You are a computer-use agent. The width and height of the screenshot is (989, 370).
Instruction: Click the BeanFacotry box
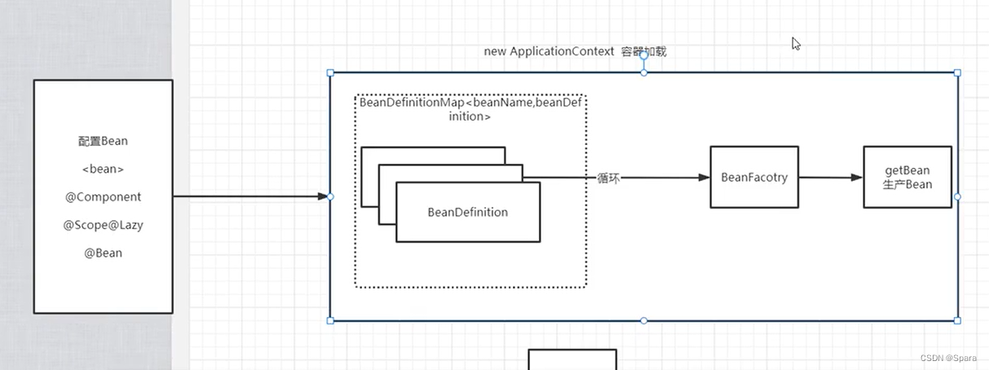(x=754, y=177)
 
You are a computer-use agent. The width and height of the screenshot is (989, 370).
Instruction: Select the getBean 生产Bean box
(x=907, y=177)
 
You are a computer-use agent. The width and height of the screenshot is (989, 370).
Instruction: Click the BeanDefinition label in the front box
(x=467, y=212)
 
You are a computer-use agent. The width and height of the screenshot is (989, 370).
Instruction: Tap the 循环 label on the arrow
(x=608, y=178)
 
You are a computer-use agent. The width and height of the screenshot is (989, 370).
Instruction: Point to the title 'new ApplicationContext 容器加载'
(x=575, y=51)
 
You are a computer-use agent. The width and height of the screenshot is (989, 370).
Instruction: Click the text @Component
(x=103, y=196)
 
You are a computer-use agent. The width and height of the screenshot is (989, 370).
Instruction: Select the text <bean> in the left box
(x=103, y=169)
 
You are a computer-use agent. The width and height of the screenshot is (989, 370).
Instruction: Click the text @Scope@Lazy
(x=103, y=225)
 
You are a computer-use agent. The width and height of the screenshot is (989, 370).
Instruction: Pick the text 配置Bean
(x=103, y=141)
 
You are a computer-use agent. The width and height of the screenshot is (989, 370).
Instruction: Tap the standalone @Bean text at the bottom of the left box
(x=103, y=253)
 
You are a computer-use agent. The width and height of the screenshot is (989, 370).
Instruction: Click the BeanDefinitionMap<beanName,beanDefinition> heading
(x=472, y=108)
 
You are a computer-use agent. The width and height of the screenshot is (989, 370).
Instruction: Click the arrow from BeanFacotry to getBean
(x=831, y=177)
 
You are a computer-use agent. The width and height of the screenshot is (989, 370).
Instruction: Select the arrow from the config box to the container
(x=249, y=196)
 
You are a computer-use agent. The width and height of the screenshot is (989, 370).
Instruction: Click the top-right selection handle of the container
(x=957, y=73)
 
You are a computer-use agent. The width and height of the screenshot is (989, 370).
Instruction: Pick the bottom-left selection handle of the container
(x=330, y=320)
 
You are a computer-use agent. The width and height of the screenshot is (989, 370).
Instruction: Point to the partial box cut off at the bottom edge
(x=572, y=359)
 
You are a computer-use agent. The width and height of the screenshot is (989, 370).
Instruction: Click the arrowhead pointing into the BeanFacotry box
(x=704, y=177)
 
